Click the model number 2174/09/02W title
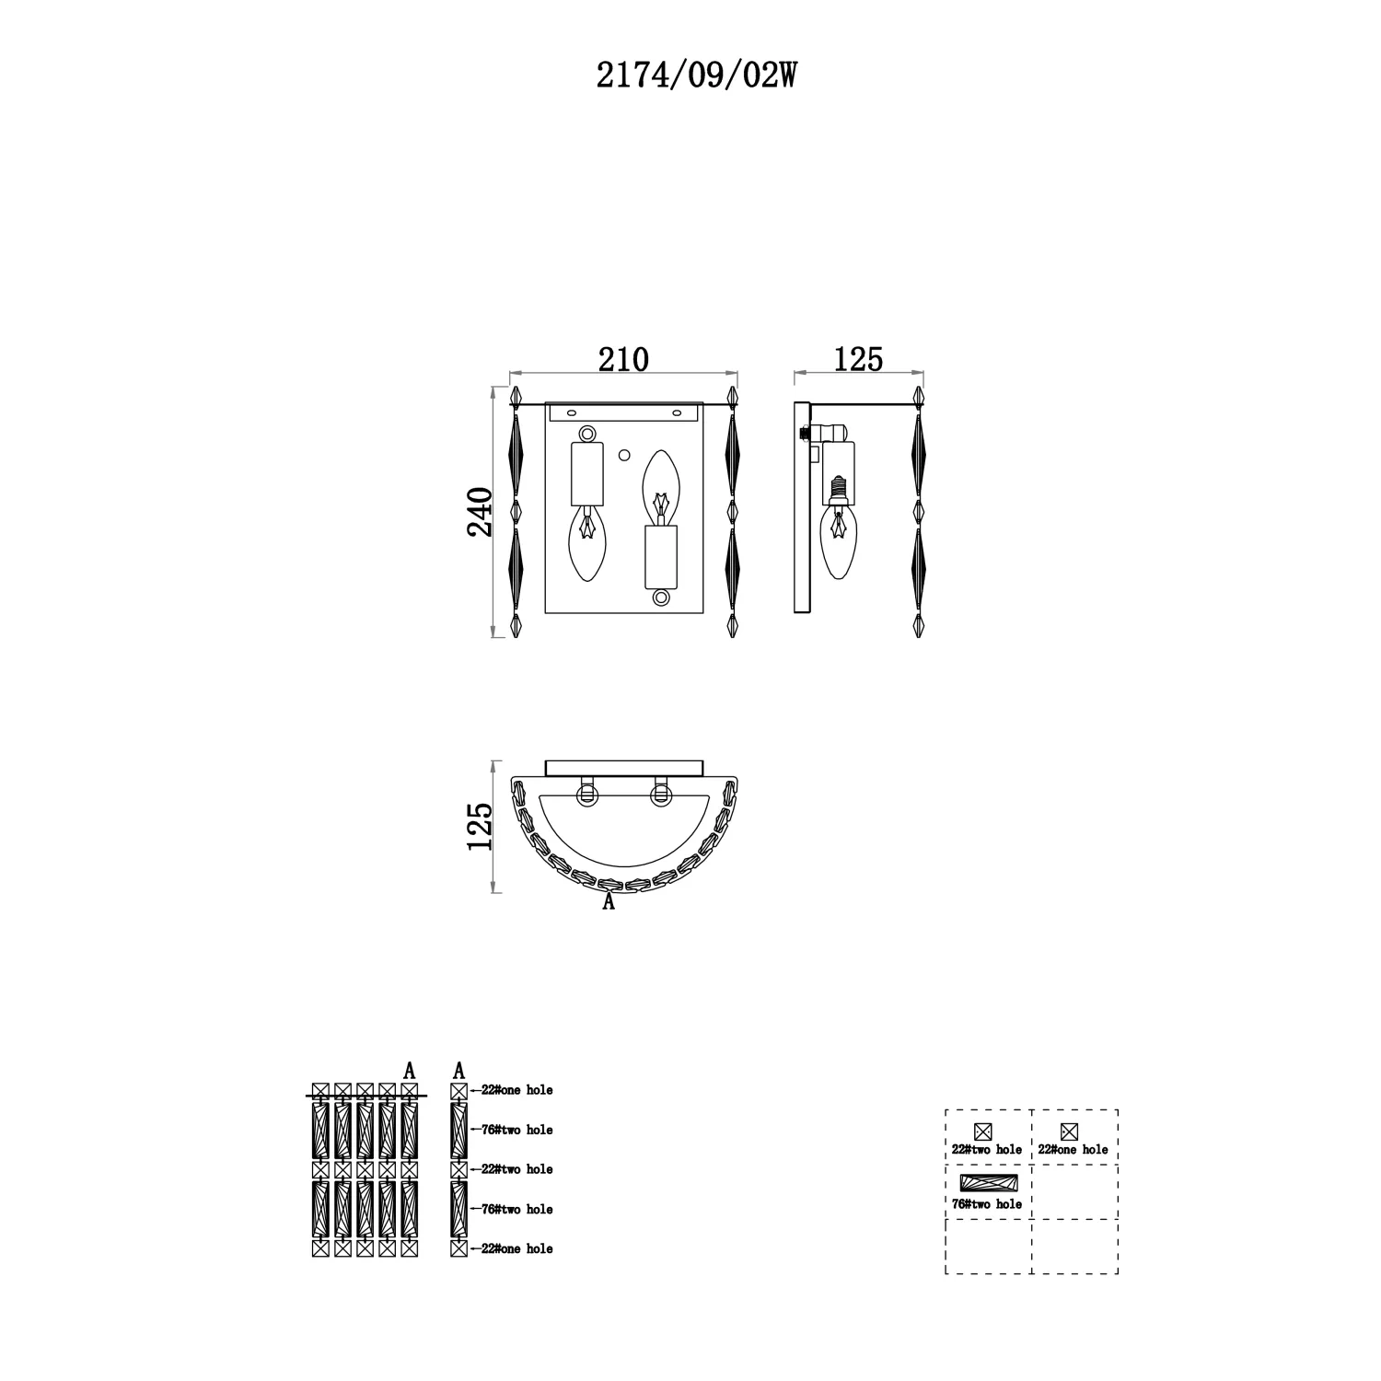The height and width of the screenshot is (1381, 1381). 695,76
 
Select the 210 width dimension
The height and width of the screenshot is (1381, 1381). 623,358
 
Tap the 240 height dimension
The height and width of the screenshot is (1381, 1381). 481,512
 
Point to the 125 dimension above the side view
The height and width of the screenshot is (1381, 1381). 858,358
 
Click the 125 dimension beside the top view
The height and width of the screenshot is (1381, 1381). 481,826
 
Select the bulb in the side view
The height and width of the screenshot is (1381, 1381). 838,542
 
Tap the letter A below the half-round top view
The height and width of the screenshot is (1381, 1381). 608,903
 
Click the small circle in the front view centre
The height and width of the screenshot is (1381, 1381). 624,455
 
